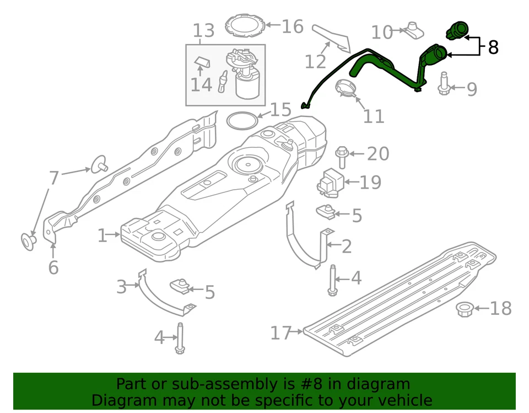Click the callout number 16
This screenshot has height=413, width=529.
[x=293, y=26]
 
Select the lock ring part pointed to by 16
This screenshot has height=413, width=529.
[x=244, y=25]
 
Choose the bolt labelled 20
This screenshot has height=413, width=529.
[x=341, y=156]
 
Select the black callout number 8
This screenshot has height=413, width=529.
[x=493, y=47]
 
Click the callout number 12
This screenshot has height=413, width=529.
[x=315, y=62]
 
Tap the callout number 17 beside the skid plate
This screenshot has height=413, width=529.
[x=281, y=333]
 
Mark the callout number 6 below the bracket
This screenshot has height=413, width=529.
[x=53, y=267]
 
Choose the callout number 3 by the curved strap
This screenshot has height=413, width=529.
[x=121, y=287]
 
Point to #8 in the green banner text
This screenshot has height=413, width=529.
[x=312, y=384]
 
